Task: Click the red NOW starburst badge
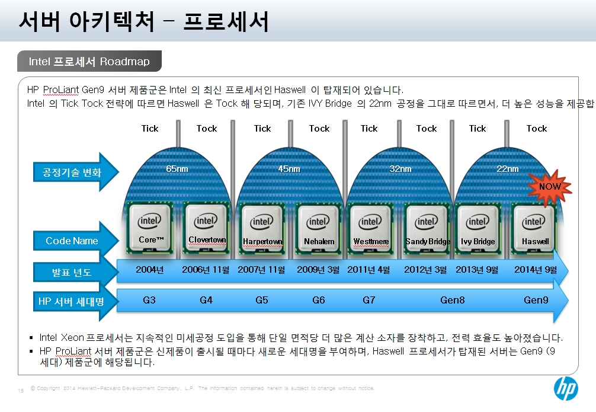pyautogui.click(x=550, y=187)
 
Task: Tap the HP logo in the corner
pyautogui.click(x=566, y=388)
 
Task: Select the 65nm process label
pyautogui.click(x=177, y=168)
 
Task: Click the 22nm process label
pyautogui.click(x=508, y=168)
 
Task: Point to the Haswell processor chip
pyautogui.click(x=534, y=229)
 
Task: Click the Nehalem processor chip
pyautogui.click(x=318, y=229)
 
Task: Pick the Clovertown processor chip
pyautogui.click(x=207, y=228)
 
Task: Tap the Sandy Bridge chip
pyautogui.click(x=427, y=229)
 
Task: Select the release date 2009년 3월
pyautogui.click(x=318, y=270)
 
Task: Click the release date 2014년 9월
pyautogui.click(x=536, y=270)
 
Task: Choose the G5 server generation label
pyautogui.click(x=261, y=300)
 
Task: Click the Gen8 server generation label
pyautogui.click(x=452, y=300)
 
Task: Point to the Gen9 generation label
pyautogui.click(x=536, y=300)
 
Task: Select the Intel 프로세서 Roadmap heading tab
pyautogui.click(x=89, y=61)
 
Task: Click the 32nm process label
pyautogui.click(x=400, y=168)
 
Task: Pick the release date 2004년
pyautogui.click(x=150, y=270)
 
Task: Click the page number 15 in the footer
pyautogui.click(x=21, y=390)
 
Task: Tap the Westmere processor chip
pyautogui.click(x=371, y=229)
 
